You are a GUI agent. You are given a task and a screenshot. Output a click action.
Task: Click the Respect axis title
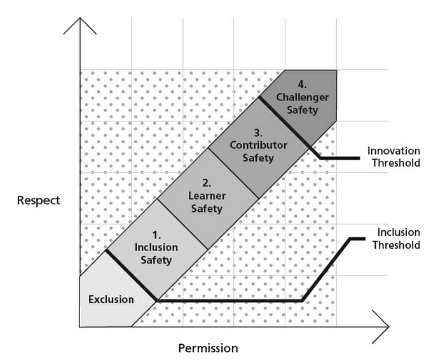click(x=39, y=201)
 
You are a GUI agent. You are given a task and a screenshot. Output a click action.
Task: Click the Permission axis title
click(x=208, y=348)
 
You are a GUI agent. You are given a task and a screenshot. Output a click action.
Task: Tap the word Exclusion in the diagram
click(x=111, y=300)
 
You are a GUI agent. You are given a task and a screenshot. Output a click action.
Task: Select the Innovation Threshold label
click(x=394, y=156)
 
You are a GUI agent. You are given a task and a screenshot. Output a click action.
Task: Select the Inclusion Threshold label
click(x=399, y=239)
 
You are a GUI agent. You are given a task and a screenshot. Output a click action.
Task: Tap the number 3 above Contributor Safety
click(x=258, y=134)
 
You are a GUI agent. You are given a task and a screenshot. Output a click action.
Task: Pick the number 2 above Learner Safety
click(x=207, y=184)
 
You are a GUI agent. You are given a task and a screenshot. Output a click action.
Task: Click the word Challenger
click(x=303, y=97)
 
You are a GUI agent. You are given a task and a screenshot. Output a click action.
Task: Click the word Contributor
click(x=258, y=146)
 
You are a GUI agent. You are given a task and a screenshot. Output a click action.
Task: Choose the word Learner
click(x=207, y=197)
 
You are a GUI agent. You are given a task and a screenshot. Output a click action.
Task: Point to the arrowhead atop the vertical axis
click(x=79, y=25)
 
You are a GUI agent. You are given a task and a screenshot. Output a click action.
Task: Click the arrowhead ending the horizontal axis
click(x=381, y=327)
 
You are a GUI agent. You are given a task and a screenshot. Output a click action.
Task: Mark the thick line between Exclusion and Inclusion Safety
click(x=132, y=275)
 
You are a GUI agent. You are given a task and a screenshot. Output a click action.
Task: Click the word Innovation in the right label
click(x=394, y=151)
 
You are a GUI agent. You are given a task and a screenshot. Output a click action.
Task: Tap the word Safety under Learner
click(x=207, y=209)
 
